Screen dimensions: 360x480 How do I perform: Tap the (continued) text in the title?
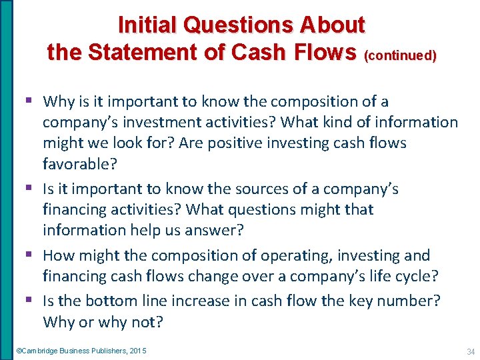click(x=400, y=56)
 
